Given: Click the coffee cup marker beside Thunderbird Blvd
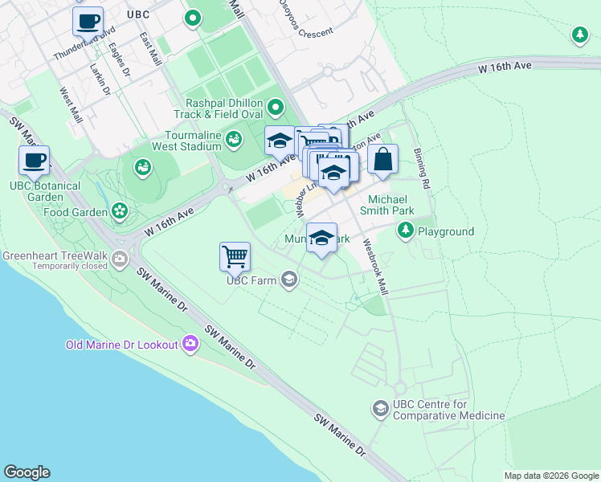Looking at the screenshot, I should (88, 21).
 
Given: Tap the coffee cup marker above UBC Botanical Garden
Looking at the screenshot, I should (35, 160).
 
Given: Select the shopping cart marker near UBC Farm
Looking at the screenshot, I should (235, 257).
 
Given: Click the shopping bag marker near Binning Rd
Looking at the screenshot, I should (384, 160).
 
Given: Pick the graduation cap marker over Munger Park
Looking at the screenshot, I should (322, 239).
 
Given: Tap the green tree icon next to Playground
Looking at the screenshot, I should (406, 231).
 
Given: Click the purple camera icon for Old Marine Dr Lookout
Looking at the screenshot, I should (190, 344).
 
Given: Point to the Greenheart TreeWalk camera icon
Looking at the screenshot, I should (120, 259).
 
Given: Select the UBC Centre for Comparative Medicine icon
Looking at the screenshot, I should (379, 409).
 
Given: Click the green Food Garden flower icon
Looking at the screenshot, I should (120, 211).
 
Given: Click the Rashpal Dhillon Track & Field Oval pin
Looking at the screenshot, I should (276, 107).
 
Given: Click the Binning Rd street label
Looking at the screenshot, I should (422, 169).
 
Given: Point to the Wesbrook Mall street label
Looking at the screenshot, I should (375, 266).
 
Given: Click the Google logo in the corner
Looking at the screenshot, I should (27, 472).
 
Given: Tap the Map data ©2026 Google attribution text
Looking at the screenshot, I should (550, 476).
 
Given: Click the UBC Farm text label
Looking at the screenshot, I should (251, 280).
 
